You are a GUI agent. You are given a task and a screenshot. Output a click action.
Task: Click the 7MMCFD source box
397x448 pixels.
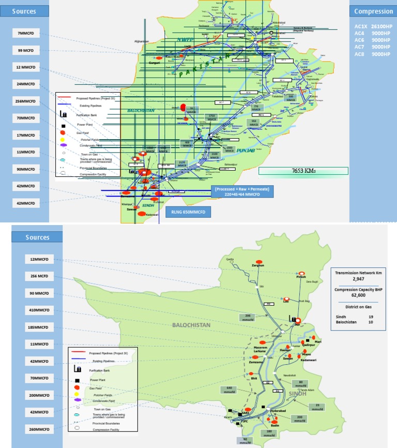pyautogui.click(x=26, y=33)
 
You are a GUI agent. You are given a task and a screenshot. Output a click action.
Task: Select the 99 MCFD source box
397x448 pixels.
pyautogui.click(x=26, y=50)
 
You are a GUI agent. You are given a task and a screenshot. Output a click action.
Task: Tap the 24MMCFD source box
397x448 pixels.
pyautogui.click(x=26, y=84)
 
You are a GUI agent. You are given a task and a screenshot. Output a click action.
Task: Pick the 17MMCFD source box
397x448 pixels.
pyautogui.click(x=26, y=135)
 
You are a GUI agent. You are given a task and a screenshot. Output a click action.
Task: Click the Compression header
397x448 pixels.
pyautogui.click(x=373, y=11)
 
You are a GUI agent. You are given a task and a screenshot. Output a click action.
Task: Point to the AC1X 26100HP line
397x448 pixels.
pyautogui.click(x=373, y=26)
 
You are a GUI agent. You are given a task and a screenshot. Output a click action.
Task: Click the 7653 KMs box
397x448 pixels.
pyautogui.click(x=303, y=171)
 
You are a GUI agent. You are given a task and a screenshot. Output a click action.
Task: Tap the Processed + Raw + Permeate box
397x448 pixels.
pyautogui.click(x=242, y=192)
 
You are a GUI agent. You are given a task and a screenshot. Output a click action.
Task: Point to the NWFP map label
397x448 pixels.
pyautogui.click(x=185, y=39)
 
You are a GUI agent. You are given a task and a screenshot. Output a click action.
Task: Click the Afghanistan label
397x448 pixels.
pyautogui.click(x=141, y=41)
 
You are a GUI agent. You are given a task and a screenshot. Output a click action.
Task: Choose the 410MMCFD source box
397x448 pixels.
pyautogui.click(x=39, y=310)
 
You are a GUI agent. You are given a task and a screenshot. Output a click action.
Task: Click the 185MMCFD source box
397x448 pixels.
pyautogui.click(x=39, y=327)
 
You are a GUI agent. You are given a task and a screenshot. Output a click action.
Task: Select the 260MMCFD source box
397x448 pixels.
pyautogui.click(x=39, y=429)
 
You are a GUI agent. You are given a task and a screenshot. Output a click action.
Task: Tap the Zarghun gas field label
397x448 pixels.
pyautogui.click(x=258, y=265)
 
